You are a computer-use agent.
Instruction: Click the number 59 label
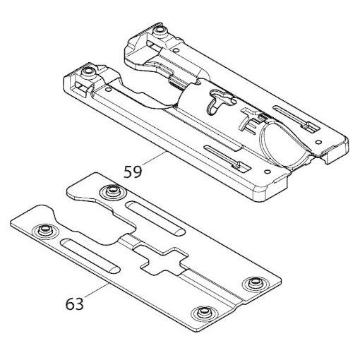point(133,171)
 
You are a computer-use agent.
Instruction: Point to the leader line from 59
point(156,160)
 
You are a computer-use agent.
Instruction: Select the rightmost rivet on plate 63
point(251,284)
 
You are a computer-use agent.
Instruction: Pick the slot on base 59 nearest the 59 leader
point(224,158)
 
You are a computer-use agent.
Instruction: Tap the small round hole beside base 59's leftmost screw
point(107,90)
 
